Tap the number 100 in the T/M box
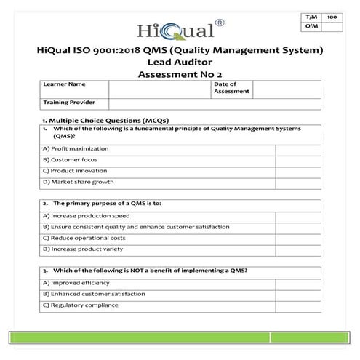tap(332, 16)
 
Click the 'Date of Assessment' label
tap(231, 87)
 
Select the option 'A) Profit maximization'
tap(76, 148)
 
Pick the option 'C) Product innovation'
tap(76, 170)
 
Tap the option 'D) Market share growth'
tap(79, 182)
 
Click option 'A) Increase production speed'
tap(87, 215)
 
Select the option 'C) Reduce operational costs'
tap(84, 238)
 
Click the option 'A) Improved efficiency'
tap(76, 282)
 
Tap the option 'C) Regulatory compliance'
tap(80, 305)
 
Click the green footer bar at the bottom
tap(180, 337)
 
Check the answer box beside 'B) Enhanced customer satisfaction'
tap(295, 294)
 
